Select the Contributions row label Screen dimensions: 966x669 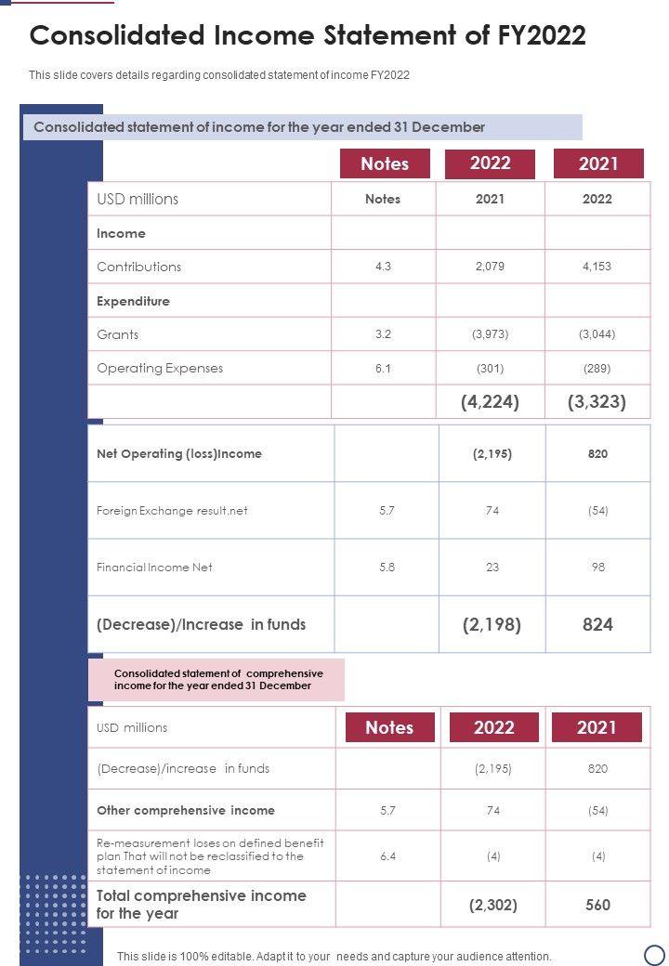[139, 267]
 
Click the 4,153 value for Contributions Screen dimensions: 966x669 [597, 267]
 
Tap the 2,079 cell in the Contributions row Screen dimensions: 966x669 [490, 267]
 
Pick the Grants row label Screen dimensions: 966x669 [118, 334]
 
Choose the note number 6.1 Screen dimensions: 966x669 [383, 369]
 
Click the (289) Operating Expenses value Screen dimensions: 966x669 [597, 369]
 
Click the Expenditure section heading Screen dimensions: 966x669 [133, 301]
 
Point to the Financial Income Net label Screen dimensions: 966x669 [154, 568]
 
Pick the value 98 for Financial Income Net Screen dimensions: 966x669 [597, 568]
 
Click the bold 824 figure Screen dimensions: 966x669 [597, 625]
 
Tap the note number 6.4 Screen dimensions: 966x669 [388, 856]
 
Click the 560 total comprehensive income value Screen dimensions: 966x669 [598, 905]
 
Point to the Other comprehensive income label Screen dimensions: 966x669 [186, 811]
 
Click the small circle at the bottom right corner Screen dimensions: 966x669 [654, 954]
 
